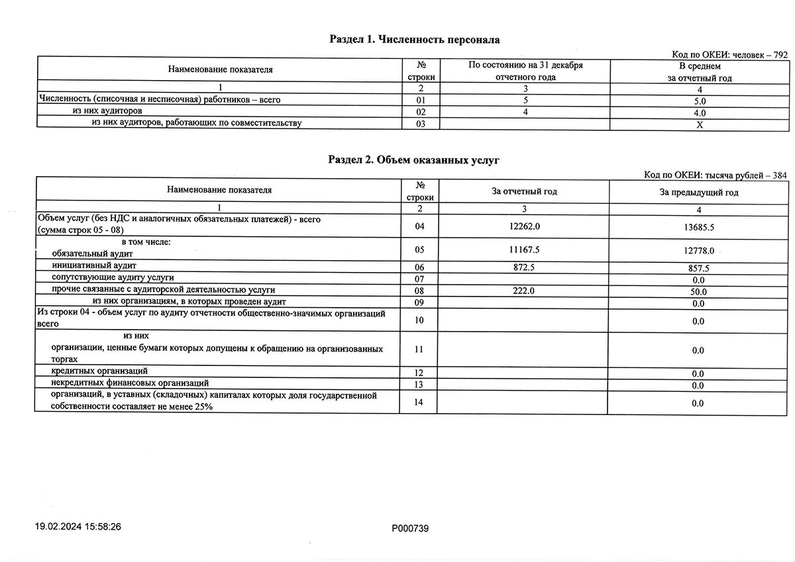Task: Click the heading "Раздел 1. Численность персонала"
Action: click(x=414, y=40)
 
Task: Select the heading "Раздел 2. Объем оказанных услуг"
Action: click(x=414, y=160)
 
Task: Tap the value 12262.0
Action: click(x=523, y=226)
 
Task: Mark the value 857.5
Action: click(x=698, y=269)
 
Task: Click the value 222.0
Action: click(x=523, y=291)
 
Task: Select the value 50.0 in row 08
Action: click(x=698, y=292)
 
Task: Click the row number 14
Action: click(x=418, y=402)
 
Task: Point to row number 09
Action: click(x=418, y=303)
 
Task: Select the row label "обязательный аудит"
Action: click(x=92, y=254)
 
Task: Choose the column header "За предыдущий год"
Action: click(x=698, y=193)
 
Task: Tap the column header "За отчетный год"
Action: click(x=524, y=191)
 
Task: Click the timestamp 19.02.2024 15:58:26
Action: click(x=78, y=528)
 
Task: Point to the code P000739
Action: click(x=411, y=528)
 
